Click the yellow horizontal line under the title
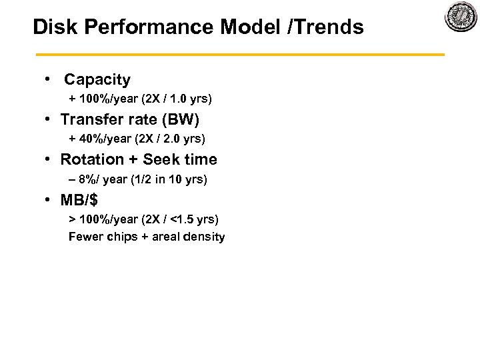[x=240, y=54]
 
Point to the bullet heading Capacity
[x=97, y=80]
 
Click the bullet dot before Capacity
[x=49, y=79]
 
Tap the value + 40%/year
[x=101, y=139]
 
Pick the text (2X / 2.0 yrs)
[x=171, y=139]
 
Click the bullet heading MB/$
[x=79, y=200]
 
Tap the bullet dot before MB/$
[x=49, y=199]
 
